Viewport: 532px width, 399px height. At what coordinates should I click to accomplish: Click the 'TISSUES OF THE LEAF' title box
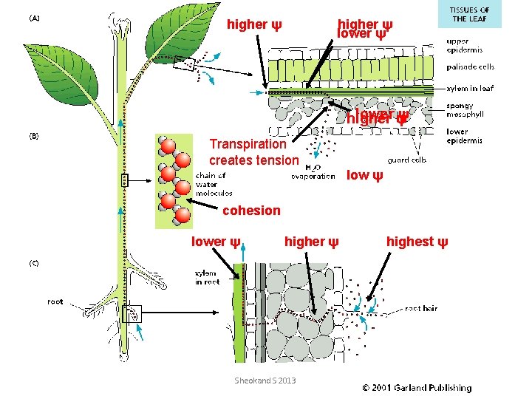click(x=470, y=14)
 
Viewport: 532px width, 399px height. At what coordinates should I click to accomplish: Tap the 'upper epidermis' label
click(x=464, y=46)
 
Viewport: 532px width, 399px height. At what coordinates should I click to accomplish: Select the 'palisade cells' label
click(x=470, y=66)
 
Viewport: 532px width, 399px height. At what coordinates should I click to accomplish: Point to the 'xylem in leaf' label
click(x=470, y=89)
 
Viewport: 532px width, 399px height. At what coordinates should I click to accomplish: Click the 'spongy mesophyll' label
click(x=465, y=110)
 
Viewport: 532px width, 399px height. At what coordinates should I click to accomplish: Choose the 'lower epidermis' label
click(x=464, y=137)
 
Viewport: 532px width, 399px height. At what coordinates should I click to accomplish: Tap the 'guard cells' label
click(x=406, y=160)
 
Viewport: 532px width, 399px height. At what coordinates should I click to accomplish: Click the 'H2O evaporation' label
click(x=313, y=171)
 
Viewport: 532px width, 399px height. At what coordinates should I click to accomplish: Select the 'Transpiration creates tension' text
click(x=253, y=151)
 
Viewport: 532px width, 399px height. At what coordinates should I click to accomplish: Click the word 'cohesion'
click(x=251, y=211)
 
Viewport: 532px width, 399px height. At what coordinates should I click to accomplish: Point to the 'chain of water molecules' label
click(x=214, y=185)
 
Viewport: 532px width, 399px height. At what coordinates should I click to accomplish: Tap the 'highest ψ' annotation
click(x=417, y=242)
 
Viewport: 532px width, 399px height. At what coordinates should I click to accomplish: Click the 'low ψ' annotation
click(x=365, y=175)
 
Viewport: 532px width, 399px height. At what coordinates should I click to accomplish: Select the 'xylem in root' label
click(x=206, y=278)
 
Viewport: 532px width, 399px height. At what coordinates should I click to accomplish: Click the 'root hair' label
click(x=421, y=308)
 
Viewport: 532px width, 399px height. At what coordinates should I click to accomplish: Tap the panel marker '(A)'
click(x=35, y=19)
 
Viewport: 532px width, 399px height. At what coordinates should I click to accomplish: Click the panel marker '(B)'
click(x=35, y=136)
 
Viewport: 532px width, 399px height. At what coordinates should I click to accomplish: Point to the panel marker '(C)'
click(x=35, y=263)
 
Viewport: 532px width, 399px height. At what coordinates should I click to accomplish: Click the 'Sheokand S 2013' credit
click(x=265, y=380)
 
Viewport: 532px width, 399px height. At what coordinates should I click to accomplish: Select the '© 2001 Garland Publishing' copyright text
click(x=416, y=387)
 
